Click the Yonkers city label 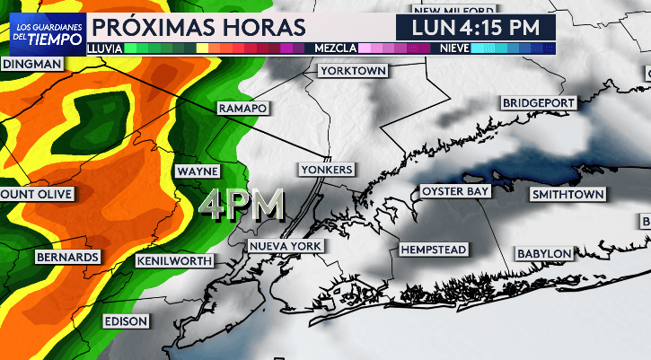coord(329,169)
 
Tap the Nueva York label coord(286,246)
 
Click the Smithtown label coord(568,194)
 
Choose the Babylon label coord(543,254)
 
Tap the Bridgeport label coord(538,103)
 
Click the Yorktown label coord(352,70)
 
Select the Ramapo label coord(242,108)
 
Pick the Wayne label coord(197,171)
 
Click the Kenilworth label coord(175,261)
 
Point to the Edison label coord(125,320)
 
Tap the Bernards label coord(66,258)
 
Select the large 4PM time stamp coord(242,206)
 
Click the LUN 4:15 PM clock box coord(476,27)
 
